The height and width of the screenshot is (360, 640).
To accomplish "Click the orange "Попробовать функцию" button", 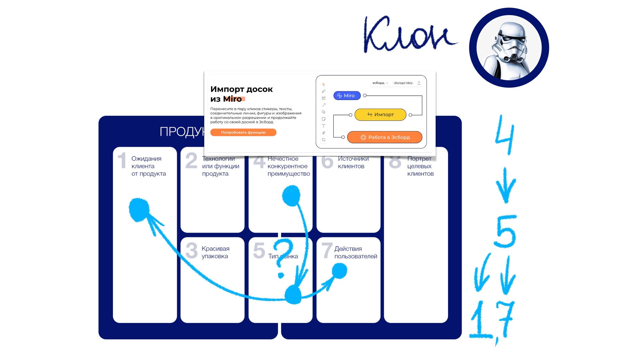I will coord(243,132).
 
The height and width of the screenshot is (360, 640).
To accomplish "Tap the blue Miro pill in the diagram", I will coord(347,96).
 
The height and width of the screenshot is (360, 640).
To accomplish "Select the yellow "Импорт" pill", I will coord(380,114).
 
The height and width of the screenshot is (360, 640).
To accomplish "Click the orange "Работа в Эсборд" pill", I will coord(385,137).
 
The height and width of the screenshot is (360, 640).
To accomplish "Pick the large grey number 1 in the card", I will coord(122,161).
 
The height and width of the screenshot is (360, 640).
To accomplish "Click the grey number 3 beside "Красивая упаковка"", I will coord(192,251).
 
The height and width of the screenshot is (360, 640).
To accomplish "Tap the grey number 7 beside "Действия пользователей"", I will coord(327,251).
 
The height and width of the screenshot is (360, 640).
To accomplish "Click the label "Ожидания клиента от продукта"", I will coord(148,166).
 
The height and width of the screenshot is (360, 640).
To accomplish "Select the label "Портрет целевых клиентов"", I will coord(420,166).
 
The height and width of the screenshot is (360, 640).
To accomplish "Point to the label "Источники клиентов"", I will coord(353,162).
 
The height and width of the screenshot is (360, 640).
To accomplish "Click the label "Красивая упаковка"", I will coord(215,252).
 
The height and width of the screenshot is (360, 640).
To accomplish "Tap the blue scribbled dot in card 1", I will coord(139,209).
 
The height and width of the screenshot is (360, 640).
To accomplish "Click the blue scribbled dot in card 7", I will coord(339,270).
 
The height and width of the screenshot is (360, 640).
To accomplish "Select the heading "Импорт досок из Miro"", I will coord(241,94).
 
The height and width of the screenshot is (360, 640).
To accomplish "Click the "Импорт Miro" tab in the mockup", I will coord(403,83).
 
